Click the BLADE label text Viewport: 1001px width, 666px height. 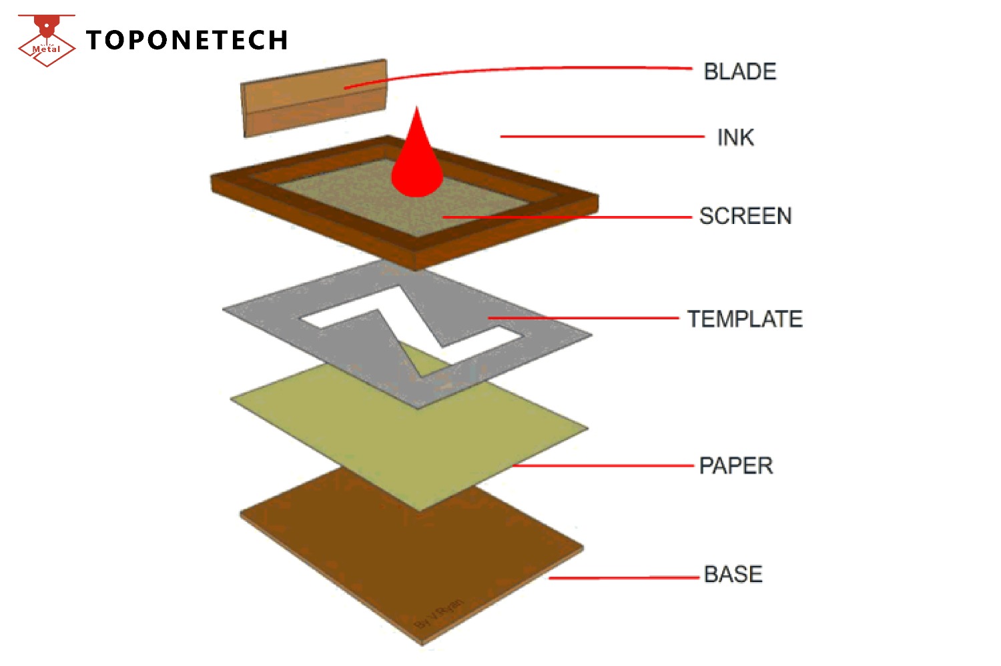[x=740, y=71]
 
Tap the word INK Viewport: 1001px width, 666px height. [x=735, y=137]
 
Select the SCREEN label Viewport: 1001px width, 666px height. [x=745, y=216]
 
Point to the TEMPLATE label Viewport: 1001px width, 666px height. [x=745, y=319]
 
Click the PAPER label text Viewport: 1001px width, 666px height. [x=736, y=465]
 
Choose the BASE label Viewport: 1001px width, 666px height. [x=733, y=574]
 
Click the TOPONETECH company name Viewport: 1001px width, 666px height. [x=187, y=40]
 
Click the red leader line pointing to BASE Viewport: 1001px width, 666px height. [x=624, y=577]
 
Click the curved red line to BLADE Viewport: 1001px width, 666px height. [x=521, y=69]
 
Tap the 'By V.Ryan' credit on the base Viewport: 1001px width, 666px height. [x=438, y=614]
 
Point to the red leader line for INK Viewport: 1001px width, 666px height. [x=601, y=137]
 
